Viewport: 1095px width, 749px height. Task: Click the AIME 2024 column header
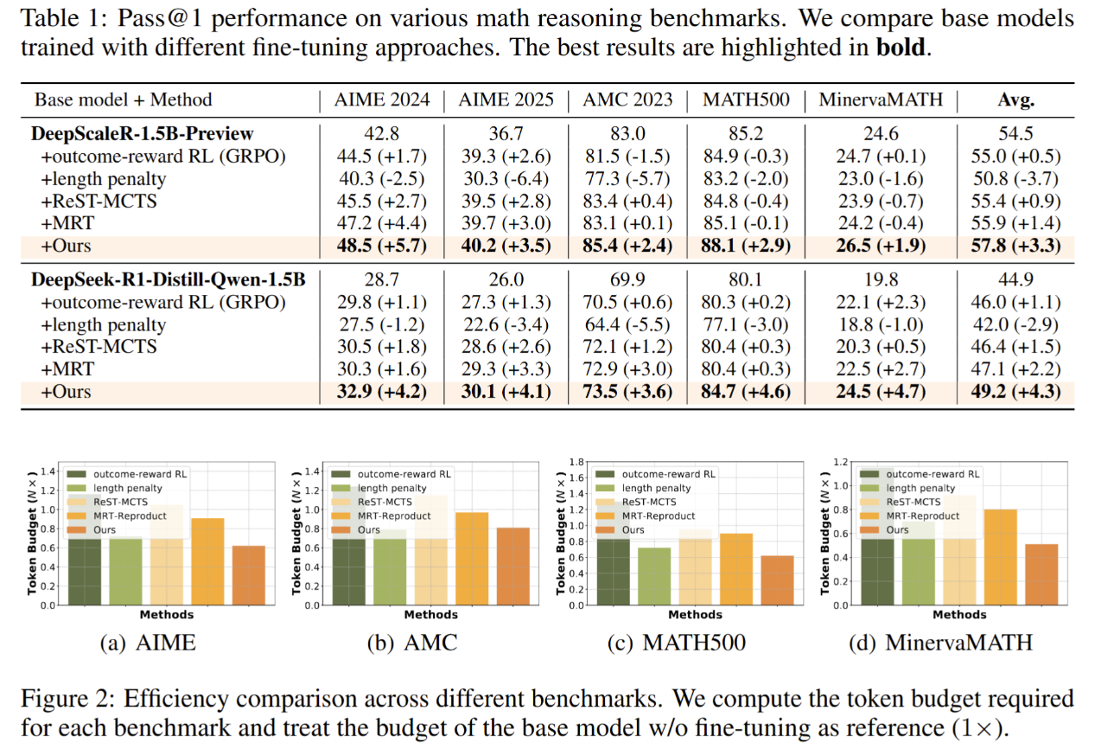(382, 99)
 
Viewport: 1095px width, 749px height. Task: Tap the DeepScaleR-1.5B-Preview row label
(143, 133)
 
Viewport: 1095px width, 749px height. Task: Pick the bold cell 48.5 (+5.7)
(382, 246)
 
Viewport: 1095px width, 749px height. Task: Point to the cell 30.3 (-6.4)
(506, 178)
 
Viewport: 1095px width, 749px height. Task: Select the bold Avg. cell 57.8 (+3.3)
(1015, 246)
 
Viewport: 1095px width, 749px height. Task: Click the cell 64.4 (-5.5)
(627, 325)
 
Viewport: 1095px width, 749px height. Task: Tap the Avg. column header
(1015, 99)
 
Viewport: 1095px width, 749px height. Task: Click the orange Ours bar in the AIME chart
(249, 575)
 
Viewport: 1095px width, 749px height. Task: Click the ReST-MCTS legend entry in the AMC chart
(383, 502)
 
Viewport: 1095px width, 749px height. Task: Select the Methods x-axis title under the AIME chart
(166, 615)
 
